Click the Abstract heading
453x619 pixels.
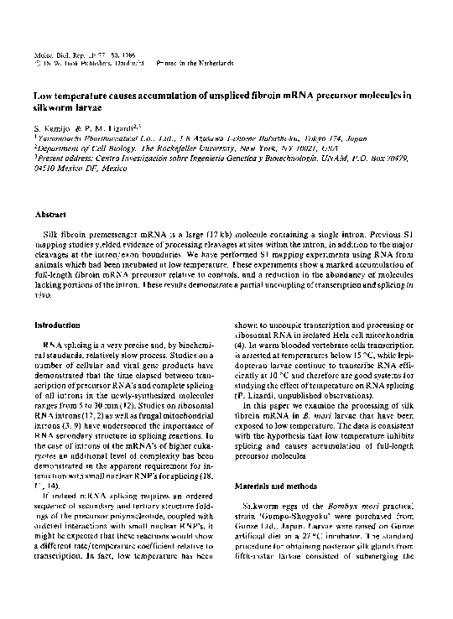49,215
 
